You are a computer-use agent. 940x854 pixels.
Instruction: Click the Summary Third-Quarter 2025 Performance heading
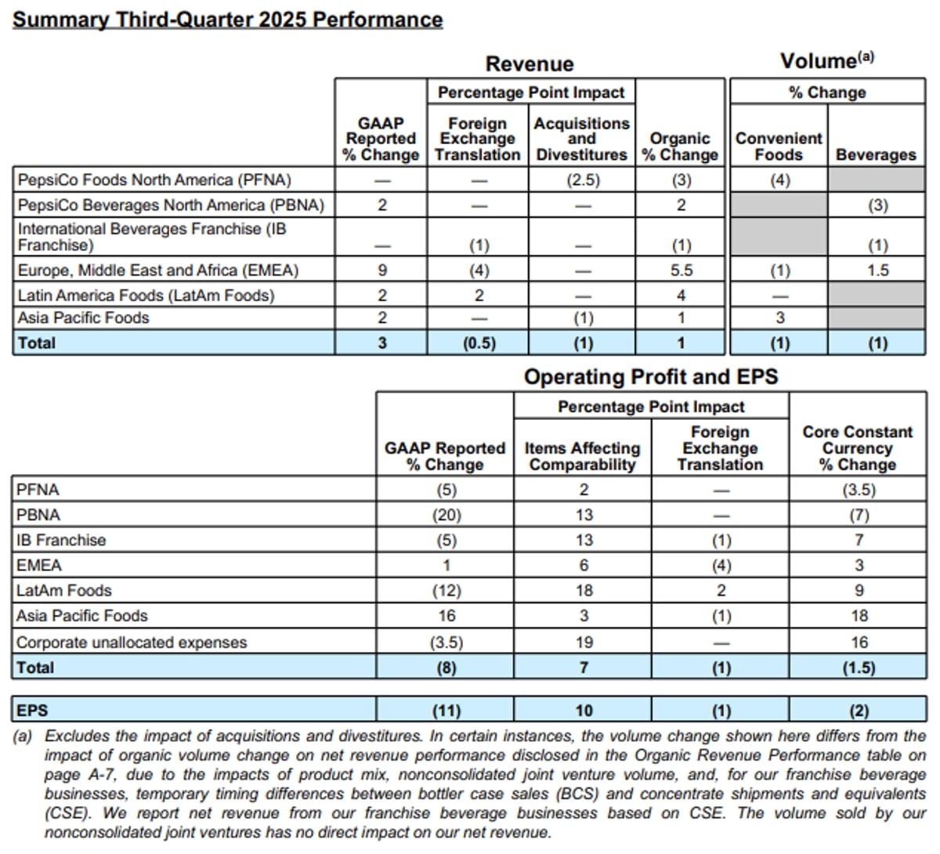227,20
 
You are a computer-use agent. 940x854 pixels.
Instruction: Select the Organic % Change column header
680,147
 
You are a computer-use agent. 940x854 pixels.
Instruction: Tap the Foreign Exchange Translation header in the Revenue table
478,139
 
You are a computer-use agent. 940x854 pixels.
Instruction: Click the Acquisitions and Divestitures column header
581,139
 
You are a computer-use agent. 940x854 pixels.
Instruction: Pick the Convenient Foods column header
779,147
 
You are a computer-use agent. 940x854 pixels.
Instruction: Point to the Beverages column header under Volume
876,154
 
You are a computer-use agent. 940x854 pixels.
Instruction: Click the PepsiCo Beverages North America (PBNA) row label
171,205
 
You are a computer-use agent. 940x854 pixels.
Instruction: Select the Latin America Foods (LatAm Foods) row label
146,295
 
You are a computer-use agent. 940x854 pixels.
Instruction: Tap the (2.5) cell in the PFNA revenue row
582,180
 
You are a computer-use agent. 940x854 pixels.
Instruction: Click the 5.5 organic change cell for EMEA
681,270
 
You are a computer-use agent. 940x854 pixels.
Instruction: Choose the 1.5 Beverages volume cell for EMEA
877,270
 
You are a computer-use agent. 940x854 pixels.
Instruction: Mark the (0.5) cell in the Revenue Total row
479,343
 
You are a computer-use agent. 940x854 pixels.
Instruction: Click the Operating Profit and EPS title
651,377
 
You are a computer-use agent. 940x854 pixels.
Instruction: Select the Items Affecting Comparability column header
582,456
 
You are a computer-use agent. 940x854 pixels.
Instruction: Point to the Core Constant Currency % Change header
858,448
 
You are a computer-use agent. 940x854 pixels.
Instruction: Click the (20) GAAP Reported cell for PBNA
445,515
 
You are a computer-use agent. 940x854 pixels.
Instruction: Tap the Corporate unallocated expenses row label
132,642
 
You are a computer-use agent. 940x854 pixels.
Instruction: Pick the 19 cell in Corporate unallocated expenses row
583,642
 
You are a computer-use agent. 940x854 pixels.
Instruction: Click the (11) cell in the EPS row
446,711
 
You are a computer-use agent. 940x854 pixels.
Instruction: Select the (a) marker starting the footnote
23,736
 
